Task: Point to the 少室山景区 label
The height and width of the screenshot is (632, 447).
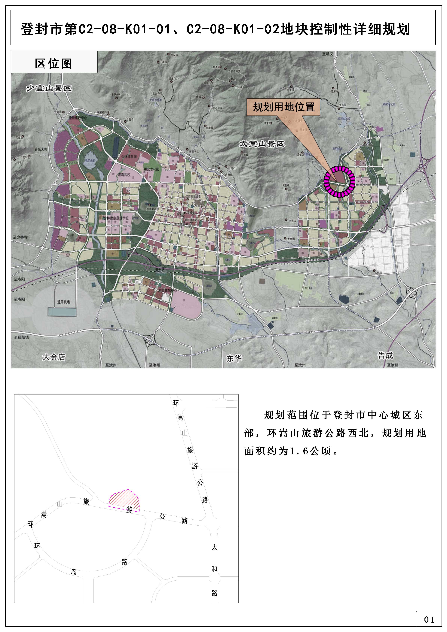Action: pyautogui.click(x=49, y=88)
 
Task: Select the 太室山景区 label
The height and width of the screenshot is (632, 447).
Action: pyautogui.click(x=262, y=144)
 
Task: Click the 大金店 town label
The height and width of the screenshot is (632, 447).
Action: pyautogui.click(x=54, y=357)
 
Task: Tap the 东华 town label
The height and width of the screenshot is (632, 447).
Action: pyautogui.click(x=234, y=358)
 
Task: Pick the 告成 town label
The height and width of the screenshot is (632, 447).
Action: pyautogui.click(x=385, y=355)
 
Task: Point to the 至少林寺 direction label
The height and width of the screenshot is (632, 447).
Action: pyautogui.click(x=20, y=237)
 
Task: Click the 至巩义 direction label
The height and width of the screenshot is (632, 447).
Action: pyautogui.click(x=328, y=54)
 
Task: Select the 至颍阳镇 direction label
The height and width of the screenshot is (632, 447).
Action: pyautogui.click(x=21, y=337)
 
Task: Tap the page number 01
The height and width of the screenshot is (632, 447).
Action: pyautogui.click(x=429, y=619)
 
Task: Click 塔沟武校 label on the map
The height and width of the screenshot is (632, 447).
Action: pyautogui.click(x=124, y=175)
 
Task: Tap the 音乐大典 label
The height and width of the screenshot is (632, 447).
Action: pyautogui.click(x=41, y=149)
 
